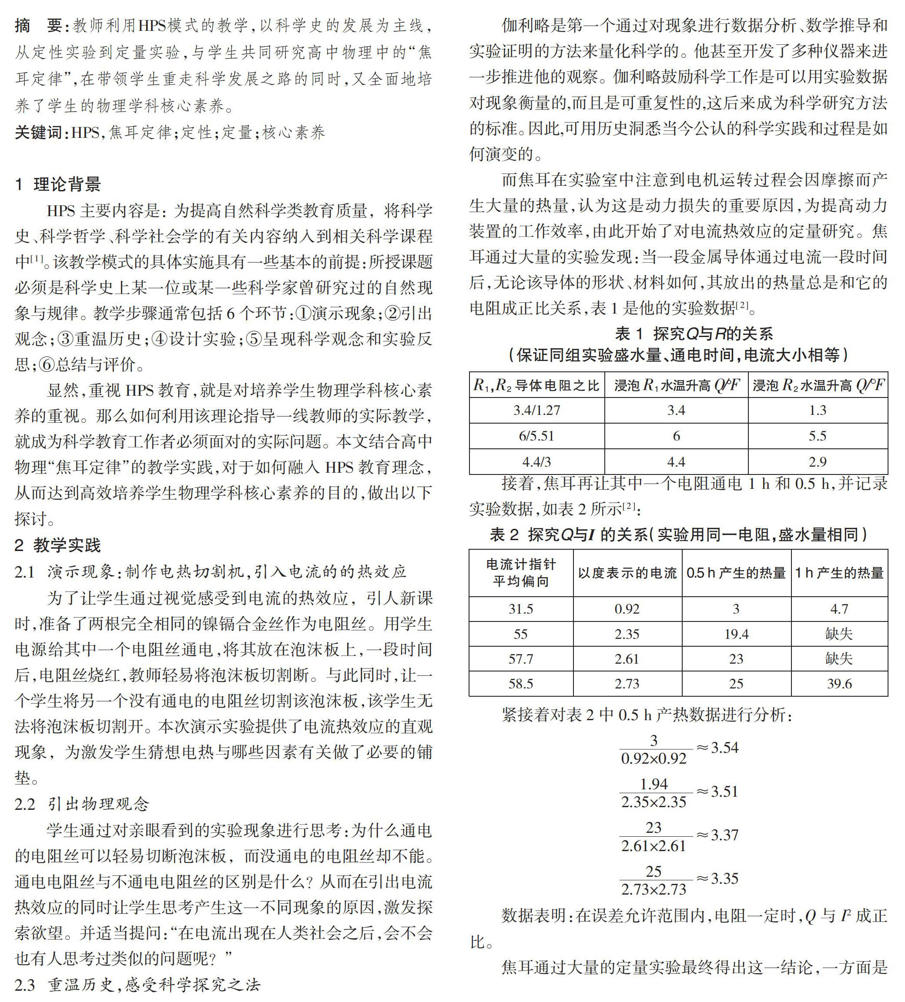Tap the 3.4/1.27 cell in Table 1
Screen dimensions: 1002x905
tap(536, 410)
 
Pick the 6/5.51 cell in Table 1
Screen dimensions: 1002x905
tap(536, 436)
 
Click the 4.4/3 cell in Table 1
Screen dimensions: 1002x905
tap(536, 462)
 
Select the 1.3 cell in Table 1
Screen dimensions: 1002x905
tap(818, 410)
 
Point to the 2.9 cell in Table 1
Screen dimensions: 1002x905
tap(818, 462)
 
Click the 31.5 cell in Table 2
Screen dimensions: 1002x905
tap(521, 609)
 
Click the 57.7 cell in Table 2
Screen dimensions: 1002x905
tap(521, 658)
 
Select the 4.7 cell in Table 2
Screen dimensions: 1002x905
tap(839, 609)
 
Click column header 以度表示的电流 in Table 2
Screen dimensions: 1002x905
tap(627, 573)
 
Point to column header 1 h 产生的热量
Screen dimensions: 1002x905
tap(839, 573)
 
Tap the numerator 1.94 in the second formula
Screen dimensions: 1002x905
tap(654, 784)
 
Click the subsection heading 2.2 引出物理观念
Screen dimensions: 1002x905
tap(82, 804)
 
